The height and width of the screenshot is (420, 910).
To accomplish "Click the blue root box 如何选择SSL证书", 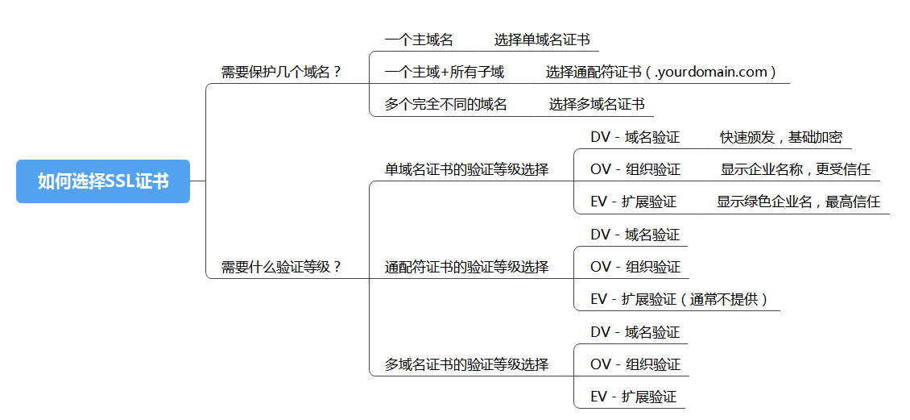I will point(103,181).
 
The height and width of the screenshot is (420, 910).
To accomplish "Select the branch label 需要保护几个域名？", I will point(282,72).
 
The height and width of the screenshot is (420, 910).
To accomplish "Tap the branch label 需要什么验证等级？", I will point(282,267).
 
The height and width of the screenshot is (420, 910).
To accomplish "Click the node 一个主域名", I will point(419,40).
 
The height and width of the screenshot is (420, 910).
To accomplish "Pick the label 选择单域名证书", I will point(542,40).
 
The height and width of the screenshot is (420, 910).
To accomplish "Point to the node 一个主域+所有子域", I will point(445,72).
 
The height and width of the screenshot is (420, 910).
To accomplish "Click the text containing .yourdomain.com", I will point(661,72).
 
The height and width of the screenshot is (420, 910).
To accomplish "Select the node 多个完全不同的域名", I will point(446,104).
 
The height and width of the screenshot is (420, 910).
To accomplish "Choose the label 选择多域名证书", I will point(597,104).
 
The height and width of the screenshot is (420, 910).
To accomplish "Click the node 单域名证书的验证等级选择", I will point(466,169).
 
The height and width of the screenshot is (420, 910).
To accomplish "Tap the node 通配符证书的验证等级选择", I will point(466,267).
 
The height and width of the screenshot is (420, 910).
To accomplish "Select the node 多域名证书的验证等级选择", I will point(466,364).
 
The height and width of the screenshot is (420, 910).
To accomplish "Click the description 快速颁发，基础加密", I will point(781,137).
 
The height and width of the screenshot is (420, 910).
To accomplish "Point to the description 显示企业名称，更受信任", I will point(796,169).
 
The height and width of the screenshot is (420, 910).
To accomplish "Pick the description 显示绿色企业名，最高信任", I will point(798,202).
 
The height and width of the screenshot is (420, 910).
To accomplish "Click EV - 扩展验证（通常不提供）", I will point(679,299).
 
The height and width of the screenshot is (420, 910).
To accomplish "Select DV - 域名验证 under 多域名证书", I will point(635,332).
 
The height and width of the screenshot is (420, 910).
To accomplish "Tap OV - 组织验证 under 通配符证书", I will point(635,267).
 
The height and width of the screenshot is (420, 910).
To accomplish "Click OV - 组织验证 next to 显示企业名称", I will point(635,169).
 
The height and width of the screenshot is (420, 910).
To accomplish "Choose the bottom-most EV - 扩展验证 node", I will point(633,397).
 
